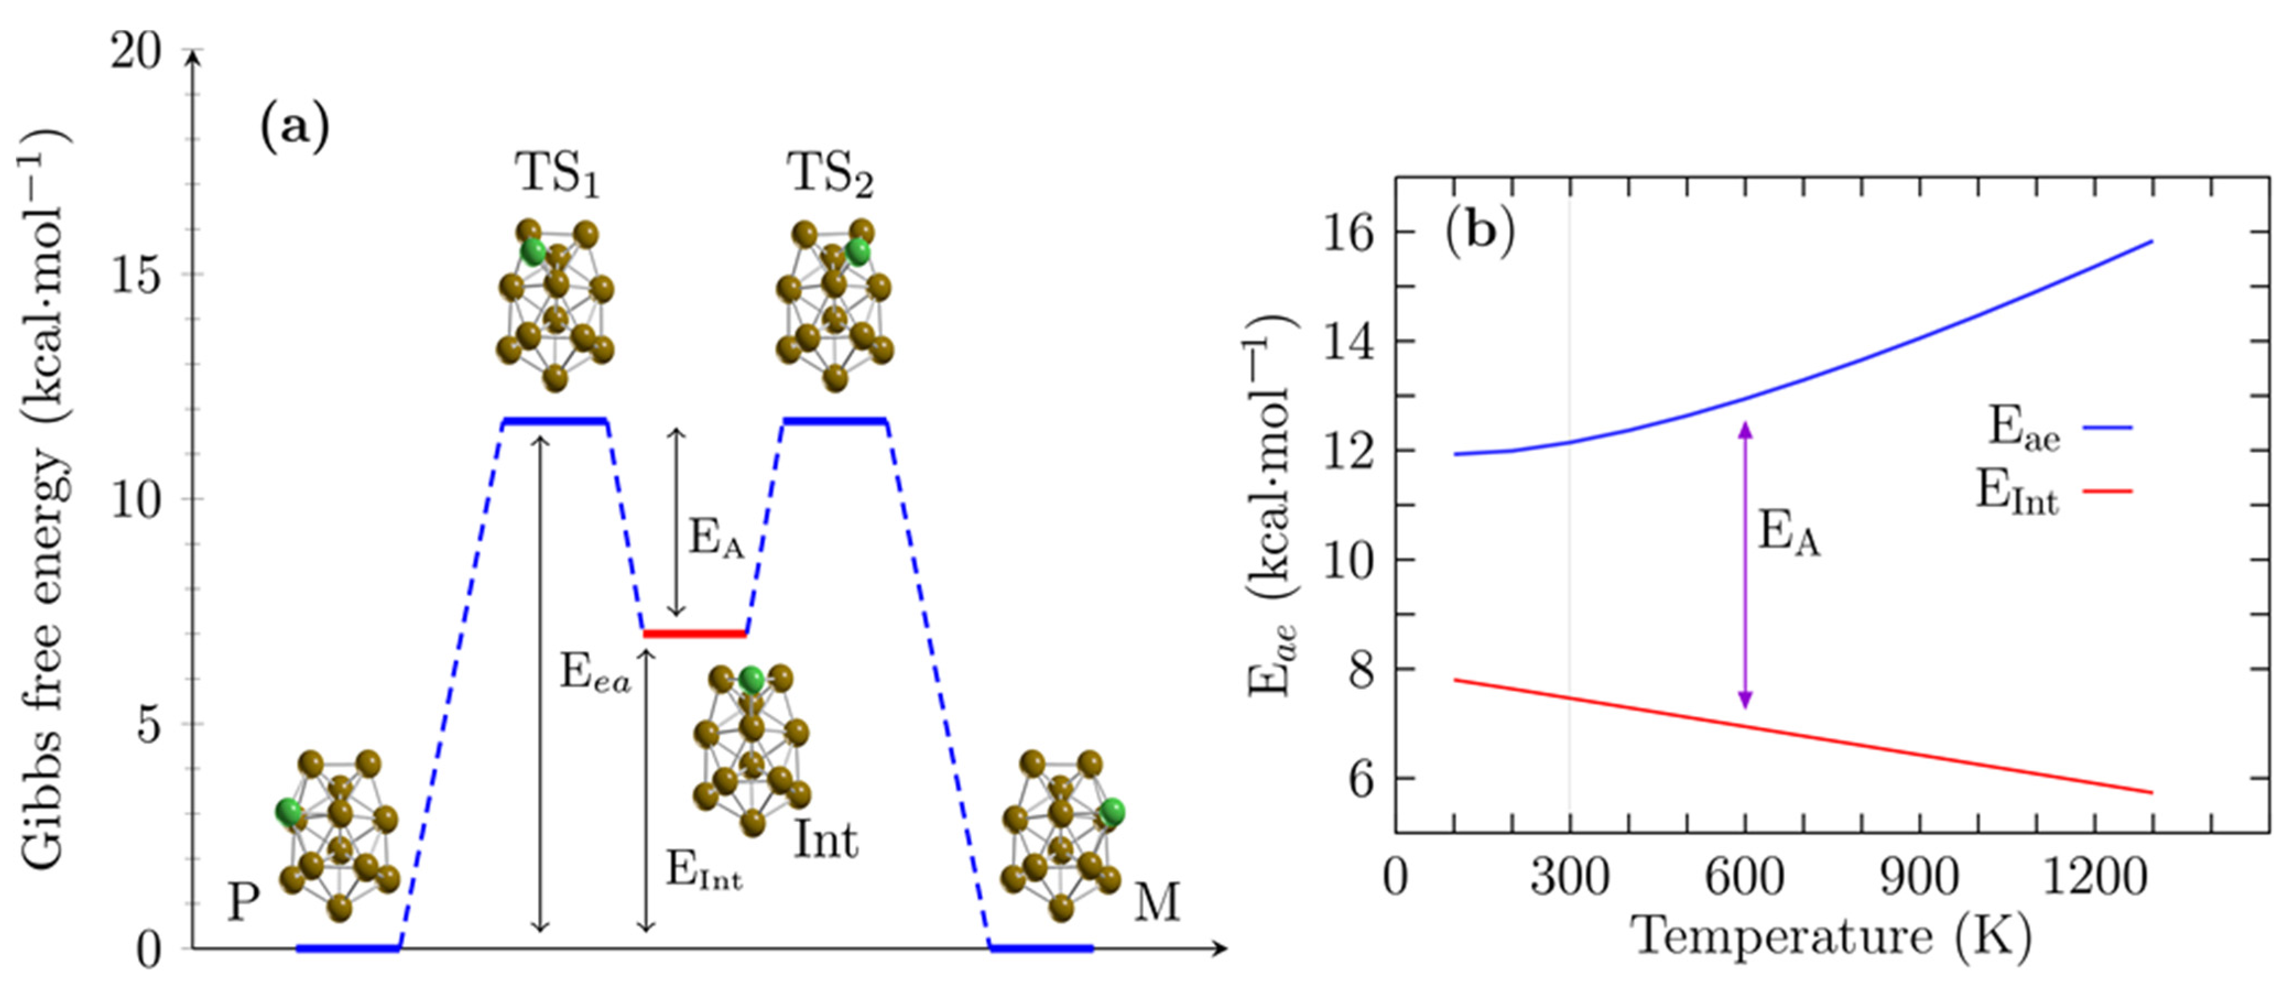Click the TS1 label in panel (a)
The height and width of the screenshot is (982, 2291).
[x=557, y=174]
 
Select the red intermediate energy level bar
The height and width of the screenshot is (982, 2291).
[x=695, y=634]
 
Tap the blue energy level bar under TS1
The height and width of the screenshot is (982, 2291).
[x=555, y=421]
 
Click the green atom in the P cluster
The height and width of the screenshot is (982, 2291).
[x=288, y=811]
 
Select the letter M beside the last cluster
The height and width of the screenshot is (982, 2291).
[x=1156, y=903]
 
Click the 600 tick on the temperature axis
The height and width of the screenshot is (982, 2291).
[x=1744, y=878]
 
